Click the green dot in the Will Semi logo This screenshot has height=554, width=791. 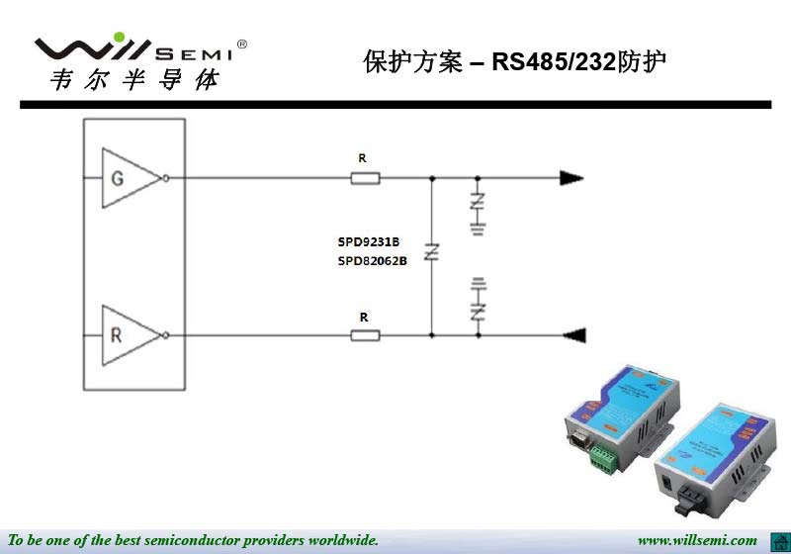click(x=120, y=37)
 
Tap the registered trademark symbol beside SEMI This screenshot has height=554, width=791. click(x=242, y=45)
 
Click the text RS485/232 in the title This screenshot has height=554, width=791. click(x=554, y=62)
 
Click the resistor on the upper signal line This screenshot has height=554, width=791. click(x=365, y=178)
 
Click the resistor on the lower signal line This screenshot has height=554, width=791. click(x=365, y=335)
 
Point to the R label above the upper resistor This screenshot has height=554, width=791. click(x=362, y=158)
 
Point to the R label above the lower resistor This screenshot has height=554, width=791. click(x=364, y=318)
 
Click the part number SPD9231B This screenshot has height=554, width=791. click(x=368, y=241)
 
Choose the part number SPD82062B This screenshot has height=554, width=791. click(x=373, y=261)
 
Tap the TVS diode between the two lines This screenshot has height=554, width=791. click(x=432, y=251)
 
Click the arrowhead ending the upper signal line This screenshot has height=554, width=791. click(x=571, y=178)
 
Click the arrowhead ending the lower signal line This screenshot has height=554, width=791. click(x=574, y=335)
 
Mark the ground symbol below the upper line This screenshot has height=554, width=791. click(x=478, y=230)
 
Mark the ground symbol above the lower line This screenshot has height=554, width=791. click(x=479, y=284)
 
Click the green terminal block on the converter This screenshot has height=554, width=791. click(x=604, y=458)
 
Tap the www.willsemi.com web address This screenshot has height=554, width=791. click(x=697, y=540)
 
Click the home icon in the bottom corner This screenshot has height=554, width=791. click(x=780, y=542)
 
